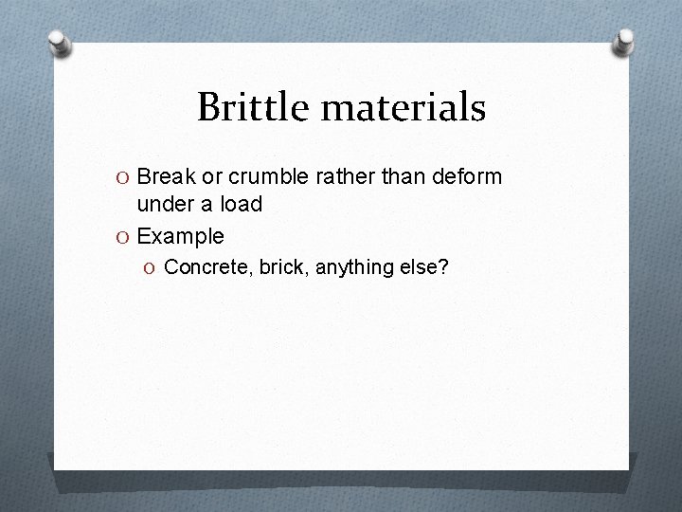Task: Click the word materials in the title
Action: [404, 107]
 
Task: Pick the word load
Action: [243, 204]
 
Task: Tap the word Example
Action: [180, 236]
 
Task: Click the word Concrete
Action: [203, 268]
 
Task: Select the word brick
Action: [280, 268]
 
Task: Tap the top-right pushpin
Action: [624, 41]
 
